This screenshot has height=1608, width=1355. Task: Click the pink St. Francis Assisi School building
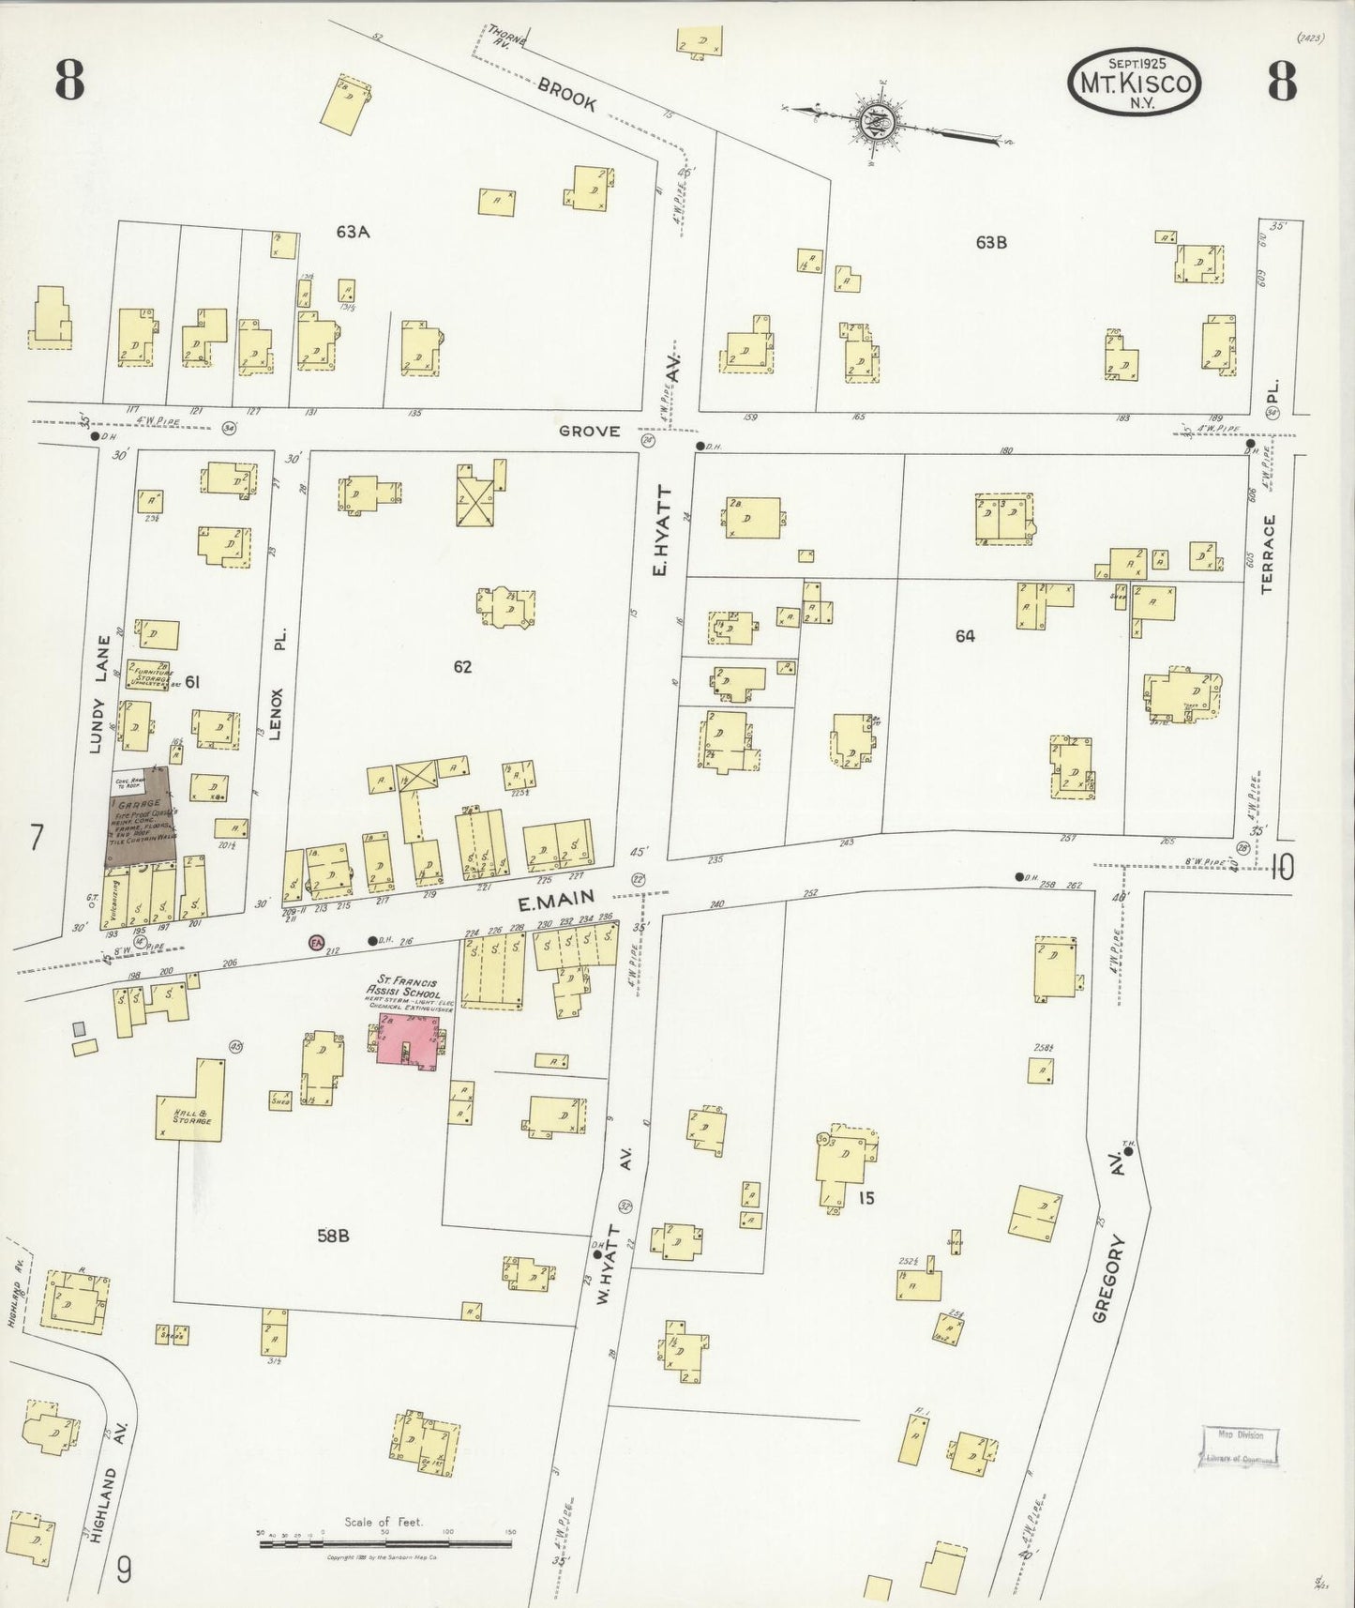(x=410, y=1039)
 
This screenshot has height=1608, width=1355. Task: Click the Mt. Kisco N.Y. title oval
(x=1135, y=83)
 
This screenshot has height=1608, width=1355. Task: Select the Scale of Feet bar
(x=385, y=1534)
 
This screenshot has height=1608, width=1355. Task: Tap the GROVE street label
(x=589, y=432)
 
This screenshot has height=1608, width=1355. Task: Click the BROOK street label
(x=566, y=95)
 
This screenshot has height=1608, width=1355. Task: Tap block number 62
(x=462, y=667)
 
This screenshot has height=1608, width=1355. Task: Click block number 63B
(x=990, y=242)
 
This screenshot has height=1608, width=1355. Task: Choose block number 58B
(x=332, y=1236)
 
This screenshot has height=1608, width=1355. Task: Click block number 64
(x=965, y=636)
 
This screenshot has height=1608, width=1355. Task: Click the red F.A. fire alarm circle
(x=315, y=942)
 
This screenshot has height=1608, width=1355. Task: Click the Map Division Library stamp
(x=1240, y=1447)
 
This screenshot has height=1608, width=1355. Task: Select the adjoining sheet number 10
(x=1281, y=869)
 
